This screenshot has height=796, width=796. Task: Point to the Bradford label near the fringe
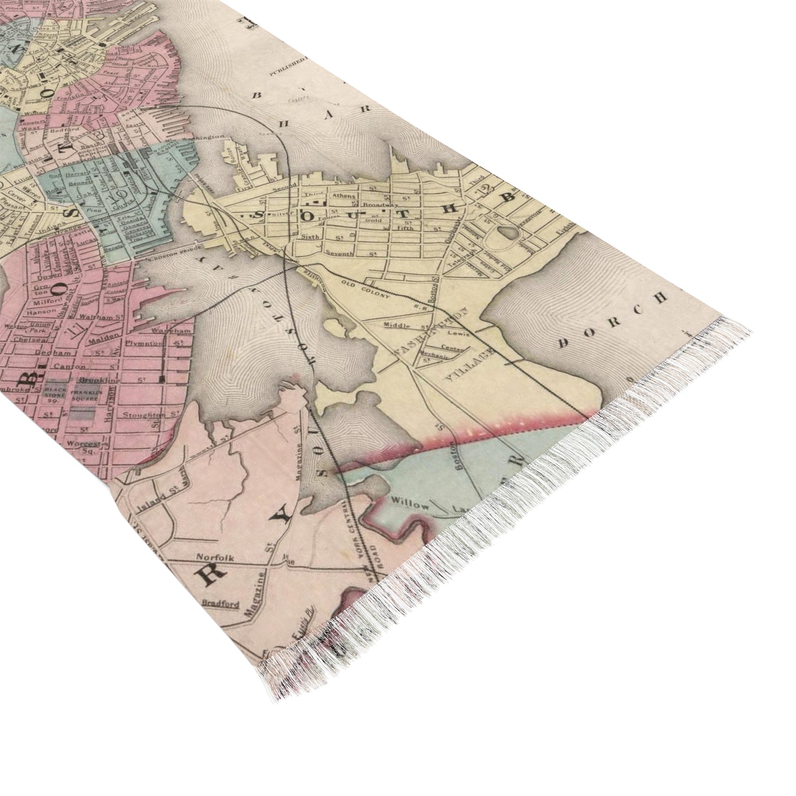[221, 603]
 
